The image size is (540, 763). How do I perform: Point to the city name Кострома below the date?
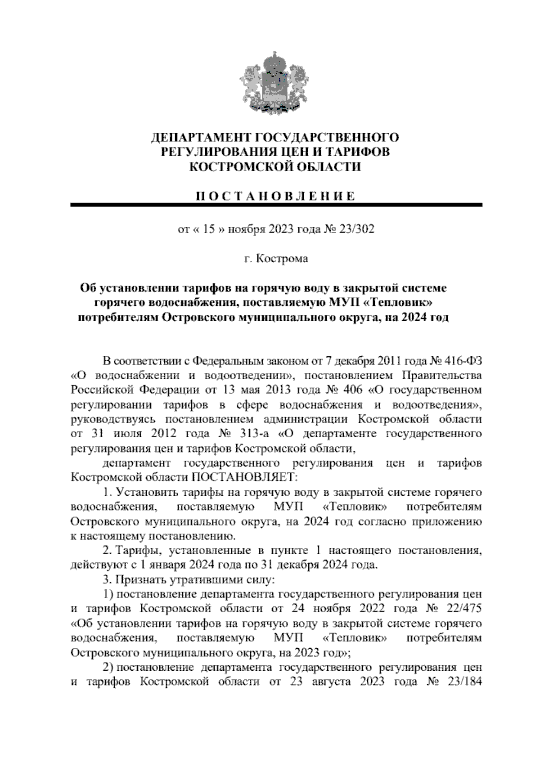282,259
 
